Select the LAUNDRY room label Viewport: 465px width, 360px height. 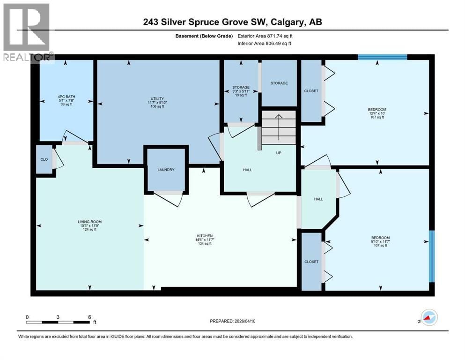[x=166, y=170]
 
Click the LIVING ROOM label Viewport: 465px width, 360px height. [x=89, y=222]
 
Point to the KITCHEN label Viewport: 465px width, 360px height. [x=205, y=236]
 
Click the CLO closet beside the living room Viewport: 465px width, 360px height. [x=44, y=159]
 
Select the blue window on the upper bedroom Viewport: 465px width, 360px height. [x=382, y=57]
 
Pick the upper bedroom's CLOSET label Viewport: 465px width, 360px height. [x=311, y=91]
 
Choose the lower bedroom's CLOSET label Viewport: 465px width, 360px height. [x=311, y=262]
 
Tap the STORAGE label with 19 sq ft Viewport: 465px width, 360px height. [x=241, y=87]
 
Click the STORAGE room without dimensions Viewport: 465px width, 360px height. [x=279, y=83]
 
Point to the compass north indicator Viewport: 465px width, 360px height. [x=428, y=318]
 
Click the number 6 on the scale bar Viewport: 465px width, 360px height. [x=89, y=317]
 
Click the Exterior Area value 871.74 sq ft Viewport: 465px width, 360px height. [x=274, y=36]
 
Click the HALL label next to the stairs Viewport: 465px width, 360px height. [x=247, y=170]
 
